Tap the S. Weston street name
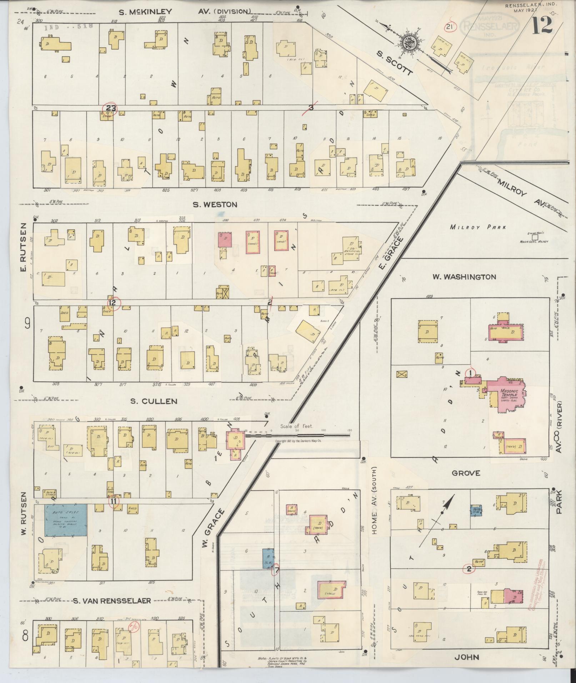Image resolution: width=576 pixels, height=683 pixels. [215, 205]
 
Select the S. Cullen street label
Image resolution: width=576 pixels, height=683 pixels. [154, 401]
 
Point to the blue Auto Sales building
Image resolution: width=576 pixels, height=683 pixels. [65, 520]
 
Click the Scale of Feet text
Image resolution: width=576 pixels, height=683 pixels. [296, 426]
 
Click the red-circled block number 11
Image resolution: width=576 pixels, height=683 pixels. [114, 501]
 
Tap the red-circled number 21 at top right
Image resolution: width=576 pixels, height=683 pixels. [450, 27]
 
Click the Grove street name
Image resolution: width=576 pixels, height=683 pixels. [466, 473]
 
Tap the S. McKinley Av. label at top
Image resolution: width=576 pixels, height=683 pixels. [185, 12]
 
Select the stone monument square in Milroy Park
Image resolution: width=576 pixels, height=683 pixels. [535, 237]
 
